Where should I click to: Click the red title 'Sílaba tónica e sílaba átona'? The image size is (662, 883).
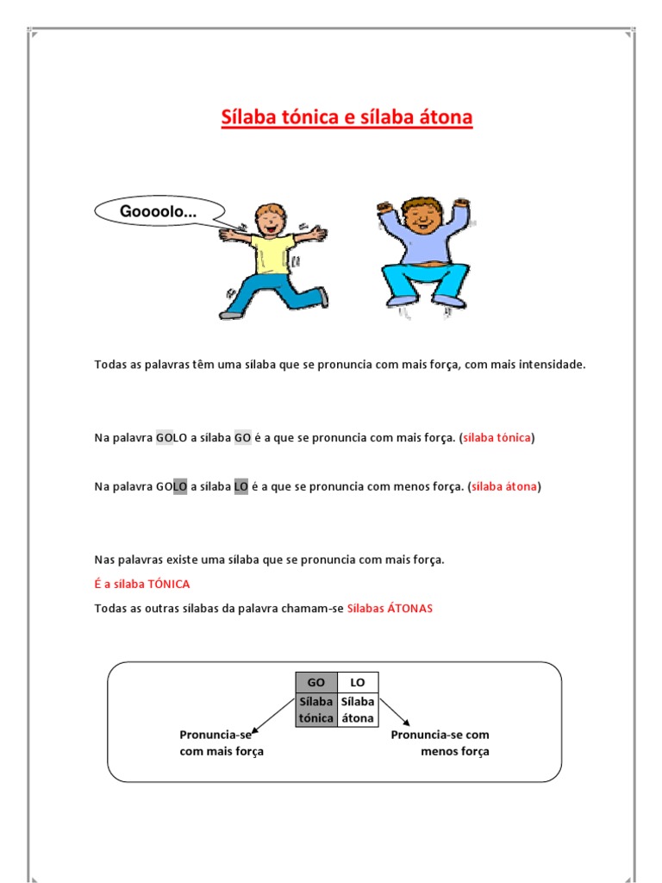(x=347, y=117)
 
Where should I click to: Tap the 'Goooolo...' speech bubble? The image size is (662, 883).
(x=159, y=211)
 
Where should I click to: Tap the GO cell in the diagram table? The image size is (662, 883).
(x=315, y=682)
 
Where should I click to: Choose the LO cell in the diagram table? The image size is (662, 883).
(x=358, y=682)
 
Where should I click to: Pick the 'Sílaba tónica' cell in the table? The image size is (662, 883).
(x=315, y=710)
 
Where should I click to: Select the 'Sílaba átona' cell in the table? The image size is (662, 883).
(x=358, y=710)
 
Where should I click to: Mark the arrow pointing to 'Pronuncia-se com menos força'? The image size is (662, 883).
(x=395, y=711)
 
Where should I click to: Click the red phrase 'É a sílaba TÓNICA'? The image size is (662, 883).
(x=142, y=584)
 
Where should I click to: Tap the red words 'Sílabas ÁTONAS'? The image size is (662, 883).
(x=390, y=609)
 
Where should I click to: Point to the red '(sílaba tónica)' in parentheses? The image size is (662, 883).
(x=496, y=438)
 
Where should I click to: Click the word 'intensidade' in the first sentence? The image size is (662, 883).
(x=553, y=365)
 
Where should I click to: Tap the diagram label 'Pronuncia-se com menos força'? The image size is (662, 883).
(x=440, y=743)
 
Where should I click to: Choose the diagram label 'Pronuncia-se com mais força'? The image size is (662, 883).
(x=222, y=743)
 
